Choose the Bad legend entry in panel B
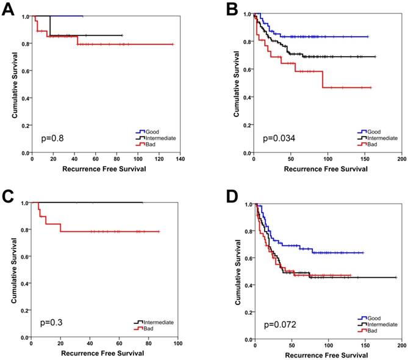coord(373,145)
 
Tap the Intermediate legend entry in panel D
coord(382,324)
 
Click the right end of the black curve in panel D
coord(396,277)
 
